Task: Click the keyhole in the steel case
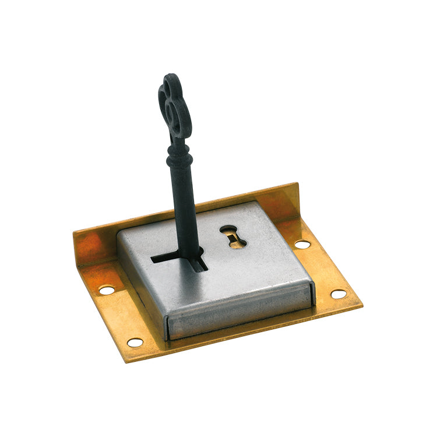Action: click(x=233, y=237)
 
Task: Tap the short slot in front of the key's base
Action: click(x=199, y=265)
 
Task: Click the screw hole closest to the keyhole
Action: click(x=302, y=244)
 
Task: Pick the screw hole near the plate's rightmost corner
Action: click(x=339, y=294)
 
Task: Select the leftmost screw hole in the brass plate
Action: click(x=107, y=290)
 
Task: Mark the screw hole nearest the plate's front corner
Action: click(x=135, y=342)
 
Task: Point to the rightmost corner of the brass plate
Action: click(x=362, y=305)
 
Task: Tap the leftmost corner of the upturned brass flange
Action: click(x=74, y=233)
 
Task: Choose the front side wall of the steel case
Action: click(x=239, y=315)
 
